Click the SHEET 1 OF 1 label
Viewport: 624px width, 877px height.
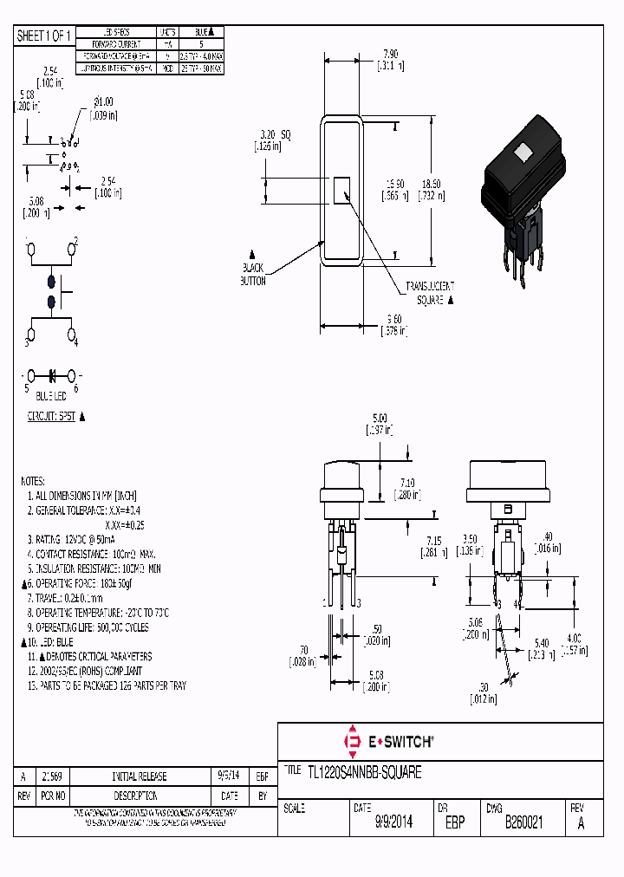43,36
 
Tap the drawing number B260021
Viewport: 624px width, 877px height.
523,823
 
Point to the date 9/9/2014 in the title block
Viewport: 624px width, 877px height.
393,823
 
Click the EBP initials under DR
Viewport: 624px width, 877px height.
454,823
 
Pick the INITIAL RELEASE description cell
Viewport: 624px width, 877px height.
140,776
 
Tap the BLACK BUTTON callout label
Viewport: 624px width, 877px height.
253,275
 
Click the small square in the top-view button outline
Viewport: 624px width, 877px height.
341,190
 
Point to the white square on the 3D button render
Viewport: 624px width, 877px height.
523,154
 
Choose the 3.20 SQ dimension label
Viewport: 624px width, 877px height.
272,136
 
